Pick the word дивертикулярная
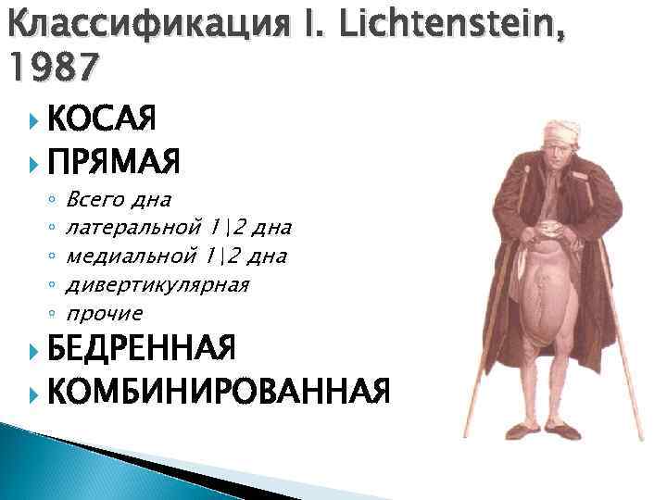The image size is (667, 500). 158,284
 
